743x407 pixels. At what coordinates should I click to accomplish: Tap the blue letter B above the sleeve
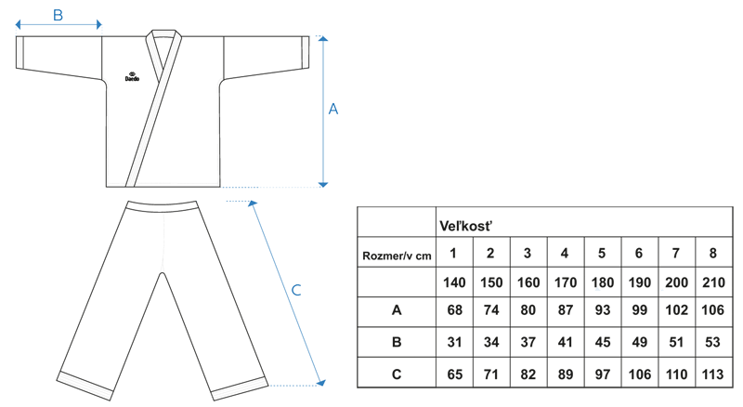pos(58,15)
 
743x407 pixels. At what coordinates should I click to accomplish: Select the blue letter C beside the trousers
pos(296,290)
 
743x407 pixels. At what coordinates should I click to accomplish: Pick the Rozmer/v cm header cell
pos(396,253)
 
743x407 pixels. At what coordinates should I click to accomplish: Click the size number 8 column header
pos(713,253)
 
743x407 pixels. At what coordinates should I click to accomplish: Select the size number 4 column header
pos(564,253)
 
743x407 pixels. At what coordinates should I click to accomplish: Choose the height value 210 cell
pos(713,282)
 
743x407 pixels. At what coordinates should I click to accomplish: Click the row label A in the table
pos(397,311)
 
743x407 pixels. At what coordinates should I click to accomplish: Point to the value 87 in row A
pos(564,311)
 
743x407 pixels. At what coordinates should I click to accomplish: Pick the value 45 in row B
pos(601,342)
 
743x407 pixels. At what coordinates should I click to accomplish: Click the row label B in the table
pos(397,342)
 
